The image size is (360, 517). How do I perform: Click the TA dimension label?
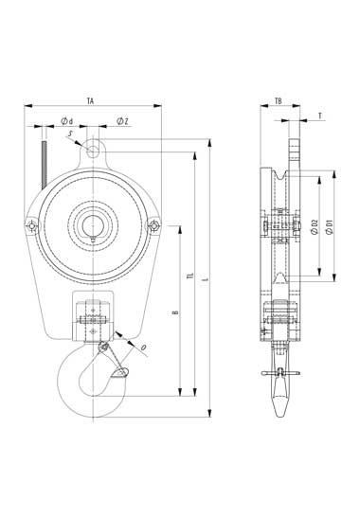[x=90, y=101]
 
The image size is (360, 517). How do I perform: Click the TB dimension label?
[x=279, y=101]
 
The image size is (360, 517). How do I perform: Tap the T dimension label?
[x=320, y=116]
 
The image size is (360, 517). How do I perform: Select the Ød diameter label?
[x=67, y=121]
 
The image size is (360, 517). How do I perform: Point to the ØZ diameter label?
[x=122, y=121]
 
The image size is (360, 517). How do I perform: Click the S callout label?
[x=70, y=134]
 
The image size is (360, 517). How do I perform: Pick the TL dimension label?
[x=189, y=276]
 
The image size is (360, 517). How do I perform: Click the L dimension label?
[x=206, y=279]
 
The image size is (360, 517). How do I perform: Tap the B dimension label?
[x=176, y=312]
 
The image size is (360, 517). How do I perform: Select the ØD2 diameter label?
[x=315, y=227]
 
